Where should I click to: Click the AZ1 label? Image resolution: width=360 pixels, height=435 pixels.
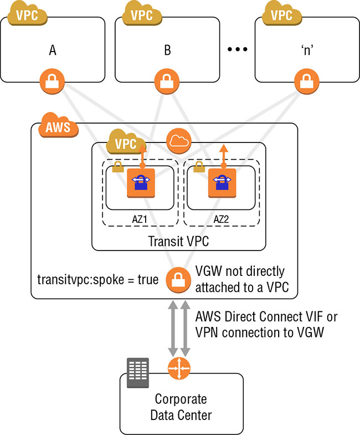pos(141,219)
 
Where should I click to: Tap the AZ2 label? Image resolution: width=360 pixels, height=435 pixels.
pos(222,219)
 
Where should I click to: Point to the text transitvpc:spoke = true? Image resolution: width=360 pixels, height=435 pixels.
pos(97,279)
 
